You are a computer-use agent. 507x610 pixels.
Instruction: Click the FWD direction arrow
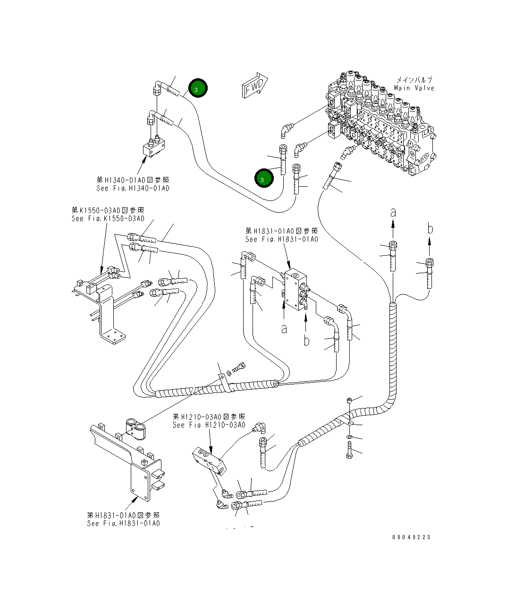point(254,85)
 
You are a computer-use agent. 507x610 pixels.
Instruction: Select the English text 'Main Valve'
point(414,88)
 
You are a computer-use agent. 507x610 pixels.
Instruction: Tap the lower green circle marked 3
point(263,179)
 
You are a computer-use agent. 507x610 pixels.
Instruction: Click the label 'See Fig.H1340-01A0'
point(133,188)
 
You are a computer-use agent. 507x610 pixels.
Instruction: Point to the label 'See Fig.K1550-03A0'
point(108,218)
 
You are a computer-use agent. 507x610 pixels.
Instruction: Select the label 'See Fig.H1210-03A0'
point(209,425)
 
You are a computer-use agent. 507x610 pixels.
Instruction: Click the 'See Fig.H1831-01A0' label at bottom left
point(123,523)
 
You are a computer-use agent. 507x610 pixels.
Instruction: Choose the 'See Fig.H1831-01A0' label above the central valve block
point(281,239)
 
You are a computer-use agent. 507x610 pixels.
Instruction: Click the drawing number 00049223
point(411,537)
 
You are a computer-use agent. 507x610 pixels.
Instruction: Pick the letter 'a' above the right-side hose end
point(393,213)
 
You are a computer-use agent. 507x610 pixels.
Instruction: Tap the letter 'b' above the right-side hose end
point(430,229)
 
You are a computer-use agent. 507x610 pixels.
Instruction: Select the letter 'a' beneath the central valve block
point(284,328)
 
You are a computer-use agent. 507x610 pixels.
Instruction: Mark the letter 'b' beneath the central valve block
point(306,340)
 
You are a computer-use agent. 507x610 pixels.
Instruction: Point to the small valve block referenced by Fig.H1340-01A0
point(153,148)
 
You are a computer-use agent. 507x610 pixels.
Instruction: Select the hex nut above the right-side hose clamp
point(348,400)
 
